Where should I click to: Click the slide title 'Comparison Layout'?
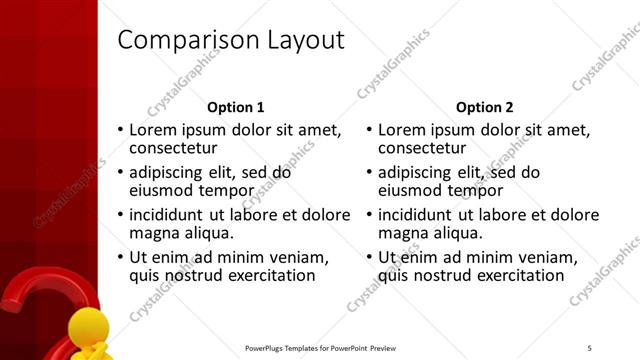tap(231, 41)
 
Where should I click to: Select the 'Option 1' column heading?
tap(236, 107)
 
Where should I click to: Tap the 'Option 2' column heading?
tap(485, 107)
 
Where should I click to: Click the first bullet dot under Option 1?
tap(121, 131)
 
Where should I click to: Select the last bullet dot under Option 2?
tap(370, 257)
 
